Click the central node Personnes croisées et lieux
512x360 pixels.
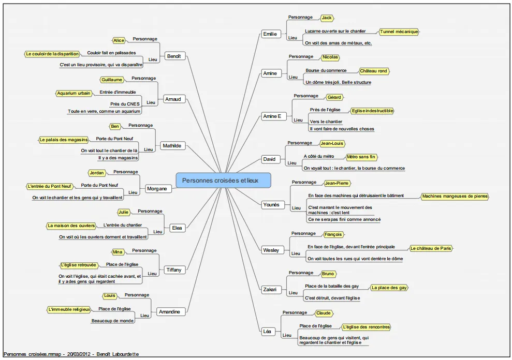[223, 181]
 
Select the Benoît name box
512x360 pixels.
[174, 56]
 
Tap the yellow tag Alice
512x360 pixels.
[119, 40]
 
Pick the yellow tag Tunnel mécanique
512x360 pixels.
[399, 32]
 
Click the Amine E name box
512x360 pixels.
[272, 116]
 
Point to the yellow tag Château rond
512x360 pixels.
[374, 71]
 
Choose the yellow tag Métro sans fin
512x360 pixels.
[361, 157]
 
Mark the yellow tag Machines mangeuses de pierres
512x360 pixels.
[455, 197]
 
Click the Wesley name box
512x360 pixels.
[271, 250]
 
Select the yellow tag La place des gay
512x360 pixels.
[389, 288]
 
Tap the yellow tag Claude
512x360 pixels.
[323, 313]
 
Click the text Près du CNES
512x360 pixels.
[125, 104]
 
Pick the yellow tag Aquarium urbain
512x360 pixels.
[74, 93]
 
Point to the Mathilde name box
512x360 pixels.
[172, 146]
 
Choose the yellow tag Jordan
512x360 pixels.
[97, 173]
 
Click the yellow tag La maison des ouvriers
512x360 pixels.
[71, 226]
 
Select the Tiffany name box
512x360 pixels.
[174, 270]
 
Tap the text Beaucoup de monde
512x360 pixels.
[112, 321]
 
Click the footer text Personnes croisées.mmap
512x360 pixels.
[32, 354]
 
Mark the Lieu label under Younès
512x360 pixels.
[296, 208]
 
